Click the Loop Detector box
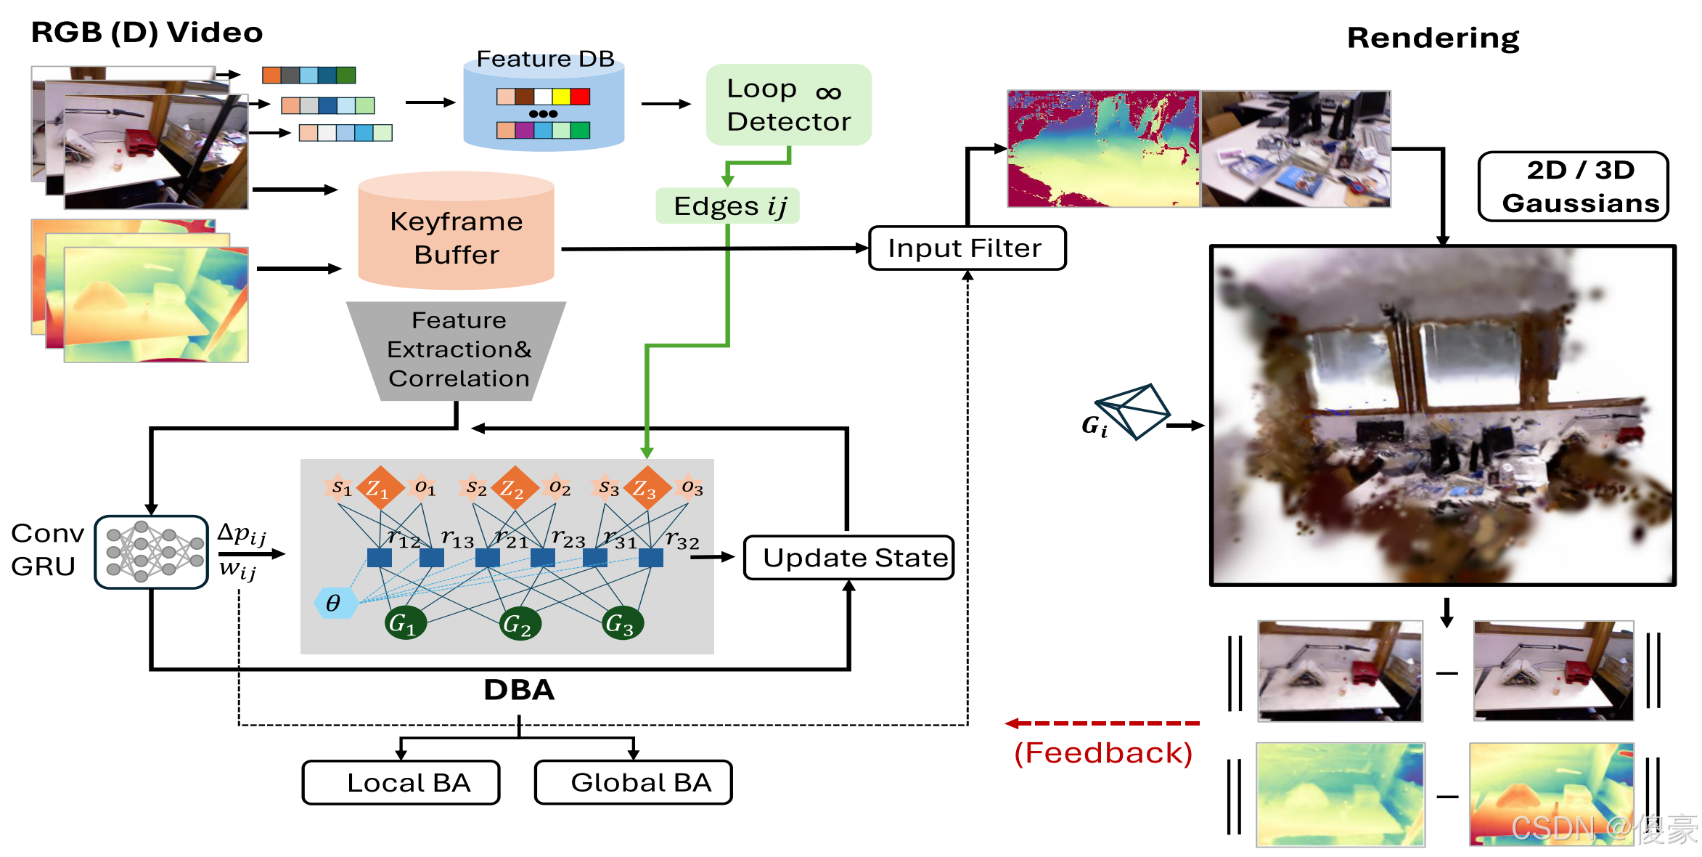[x=788, y=105]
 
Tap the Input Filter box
[x=966, y=248]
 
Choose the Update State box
[x=848, y=558]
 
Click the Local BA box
[x=401, y=782]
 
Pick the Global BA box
[x=633, y=782]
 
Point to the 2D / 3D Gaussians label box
[x=1573, y=187]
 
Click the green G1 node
[x=404, y=623]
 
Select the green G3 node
[x=621, y=623]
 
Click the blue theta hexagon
[x=335, y=603]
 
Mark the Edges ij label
[x=728, y=206]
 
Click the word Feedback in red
[x=1103, y=753]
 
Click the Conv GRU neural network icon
[x=152, y=552]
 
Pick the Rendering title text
[x=1433, y=38]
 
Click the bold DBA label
[x=519, y=690]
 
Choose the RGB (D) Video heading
[x=147, y=33]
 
